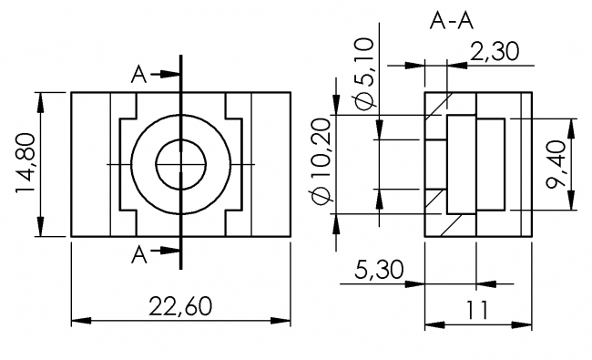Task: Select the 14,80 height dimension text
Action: (x=26, y=165)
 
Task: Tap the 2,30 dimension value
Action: (x=494, y=52)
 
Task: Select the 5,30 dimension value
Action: (x=373, y=269)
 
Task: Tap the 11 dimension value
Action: (x=475, y=309)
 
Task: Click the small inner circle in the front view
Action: (x=181, y=164)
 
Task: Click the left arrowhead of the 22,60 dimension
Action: (x=78, y=321)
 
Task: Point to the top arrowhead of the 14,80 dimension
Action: (x=41, y=99)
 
